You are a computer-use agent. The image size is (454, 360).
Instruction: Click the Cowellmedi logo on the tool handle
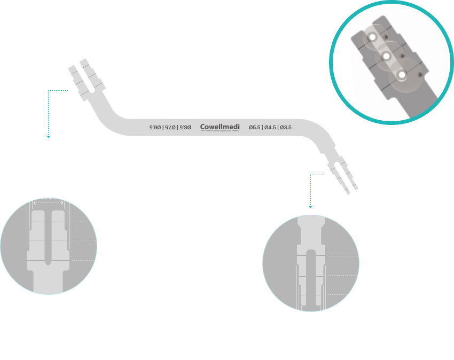point(221,127)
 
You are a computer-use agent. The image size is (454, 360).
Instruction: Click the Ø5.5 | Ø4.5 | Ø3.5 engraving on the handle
point(270,127)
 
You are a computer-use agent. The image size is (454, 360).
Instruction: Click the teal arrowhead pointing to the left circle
point(49,136)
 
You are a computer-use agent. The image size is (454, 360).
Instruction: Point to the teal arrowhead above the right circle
point(310,206)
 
